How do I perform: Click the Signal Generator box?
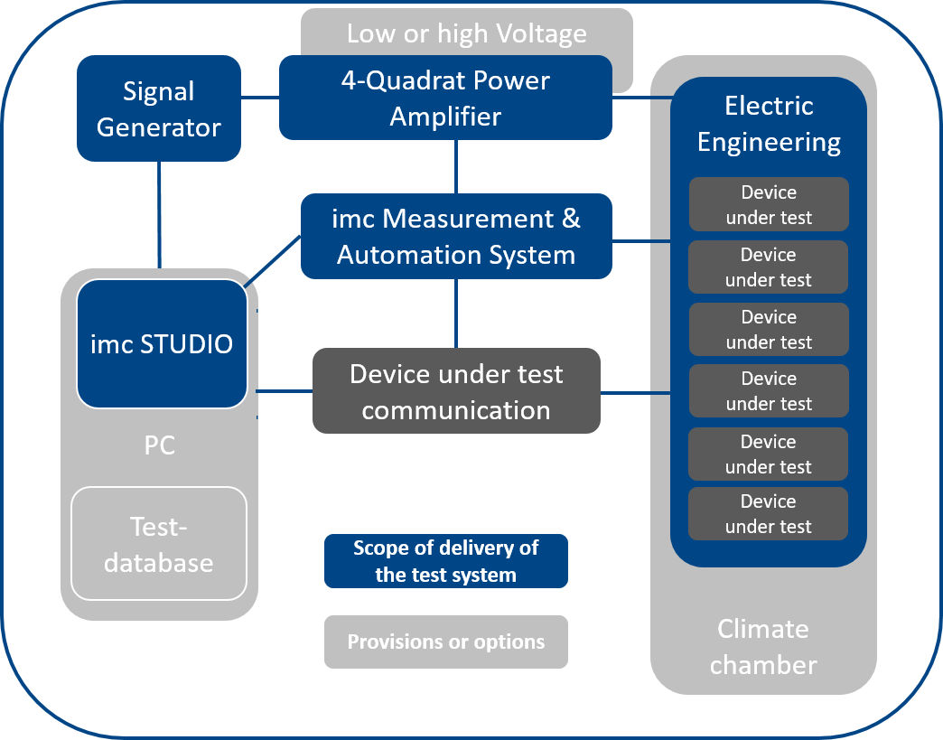click(159, 108)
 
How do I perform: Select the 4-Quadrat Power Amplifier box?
click(445, 98)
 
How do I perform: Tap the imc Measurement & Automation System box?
click(456, 236)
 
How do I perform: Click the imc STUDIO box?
click(162, 343)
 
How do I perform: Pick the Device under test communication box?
click(456, 391)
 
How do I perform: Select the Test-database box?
click(159, 543)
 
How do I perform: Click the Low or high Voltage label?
click(467, 34)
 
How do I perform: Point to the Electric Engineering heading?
click(769, 124)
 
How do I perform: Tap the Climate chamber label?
click(763, 647)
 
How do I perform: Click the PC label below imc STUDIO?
click(159, 446)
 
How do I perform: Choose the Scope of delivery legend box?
click(446, 561)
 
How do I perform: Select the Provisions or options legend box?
click(446, 642)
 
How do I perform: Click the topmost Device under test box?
click(769, 204)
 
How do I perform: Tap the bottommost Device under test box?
click(769, 513)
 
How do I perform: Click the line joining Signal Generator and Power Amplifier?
click(260, 97)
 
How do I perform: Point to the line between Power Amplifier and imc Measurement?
click(456, 167)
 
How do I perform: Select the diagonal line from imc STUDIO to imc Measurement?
click(273, 259)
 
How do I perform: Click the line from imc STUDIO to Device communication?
click(285, 391)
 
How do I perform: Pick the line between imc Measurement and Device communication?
click(456, 313)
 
